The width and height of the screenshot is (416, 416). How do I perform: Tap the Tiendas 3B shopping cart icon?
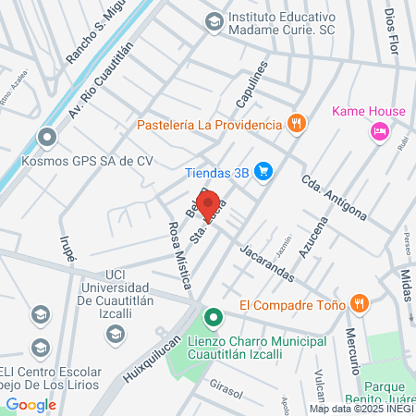[264, 170]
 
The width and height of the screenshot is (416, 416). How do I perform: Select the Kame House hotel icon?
[379, 133]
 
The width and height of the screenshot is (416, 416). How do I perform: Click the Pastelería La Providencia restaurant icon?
[296, 124]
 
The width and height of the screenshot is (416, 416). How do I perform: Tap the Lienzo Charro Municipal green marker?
[214, 320]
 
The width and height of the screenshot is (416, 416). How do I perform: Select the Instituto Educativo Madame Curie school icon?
[214, 19]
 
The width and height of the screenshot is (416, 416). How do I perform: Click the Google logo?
[31, 404]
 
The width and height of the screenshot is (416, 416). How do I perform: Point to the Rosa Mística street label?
[178, 256]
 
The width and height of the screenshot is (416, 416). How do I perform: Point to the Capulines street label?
[251, 84]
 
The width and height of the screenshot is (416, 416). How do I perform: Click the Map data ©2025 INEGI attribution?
[361, 408]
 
